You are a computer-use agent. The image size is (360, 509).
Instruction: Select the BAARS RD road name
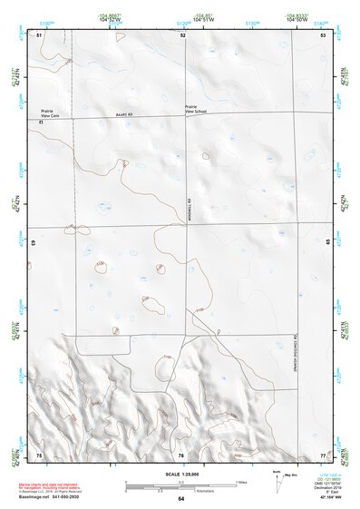pyautogui.click(x=124, y=114)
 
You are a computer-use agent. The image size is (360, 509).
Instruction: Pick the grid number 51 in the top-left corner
pyautogui.click(x=39, y=34)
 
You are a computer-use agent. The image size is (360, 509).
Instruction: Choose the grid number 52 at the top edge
pyautogui.click(x=182, y=34)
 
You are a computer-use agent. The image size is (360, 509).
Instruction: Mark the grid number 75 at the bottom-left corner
pyautogui.click(x=39, y=454)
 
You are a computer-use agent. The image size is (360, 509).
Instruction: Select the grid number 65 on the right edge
pyautogui.click(x=326, y=243)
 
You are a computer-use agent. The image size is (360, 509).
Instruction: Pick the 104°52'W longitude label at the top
pyautogui.click(x=114, y=18)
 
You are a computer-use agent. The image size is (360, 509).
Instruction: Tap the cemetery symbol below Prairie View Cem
pyautogui.click(x=41, y=122)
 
